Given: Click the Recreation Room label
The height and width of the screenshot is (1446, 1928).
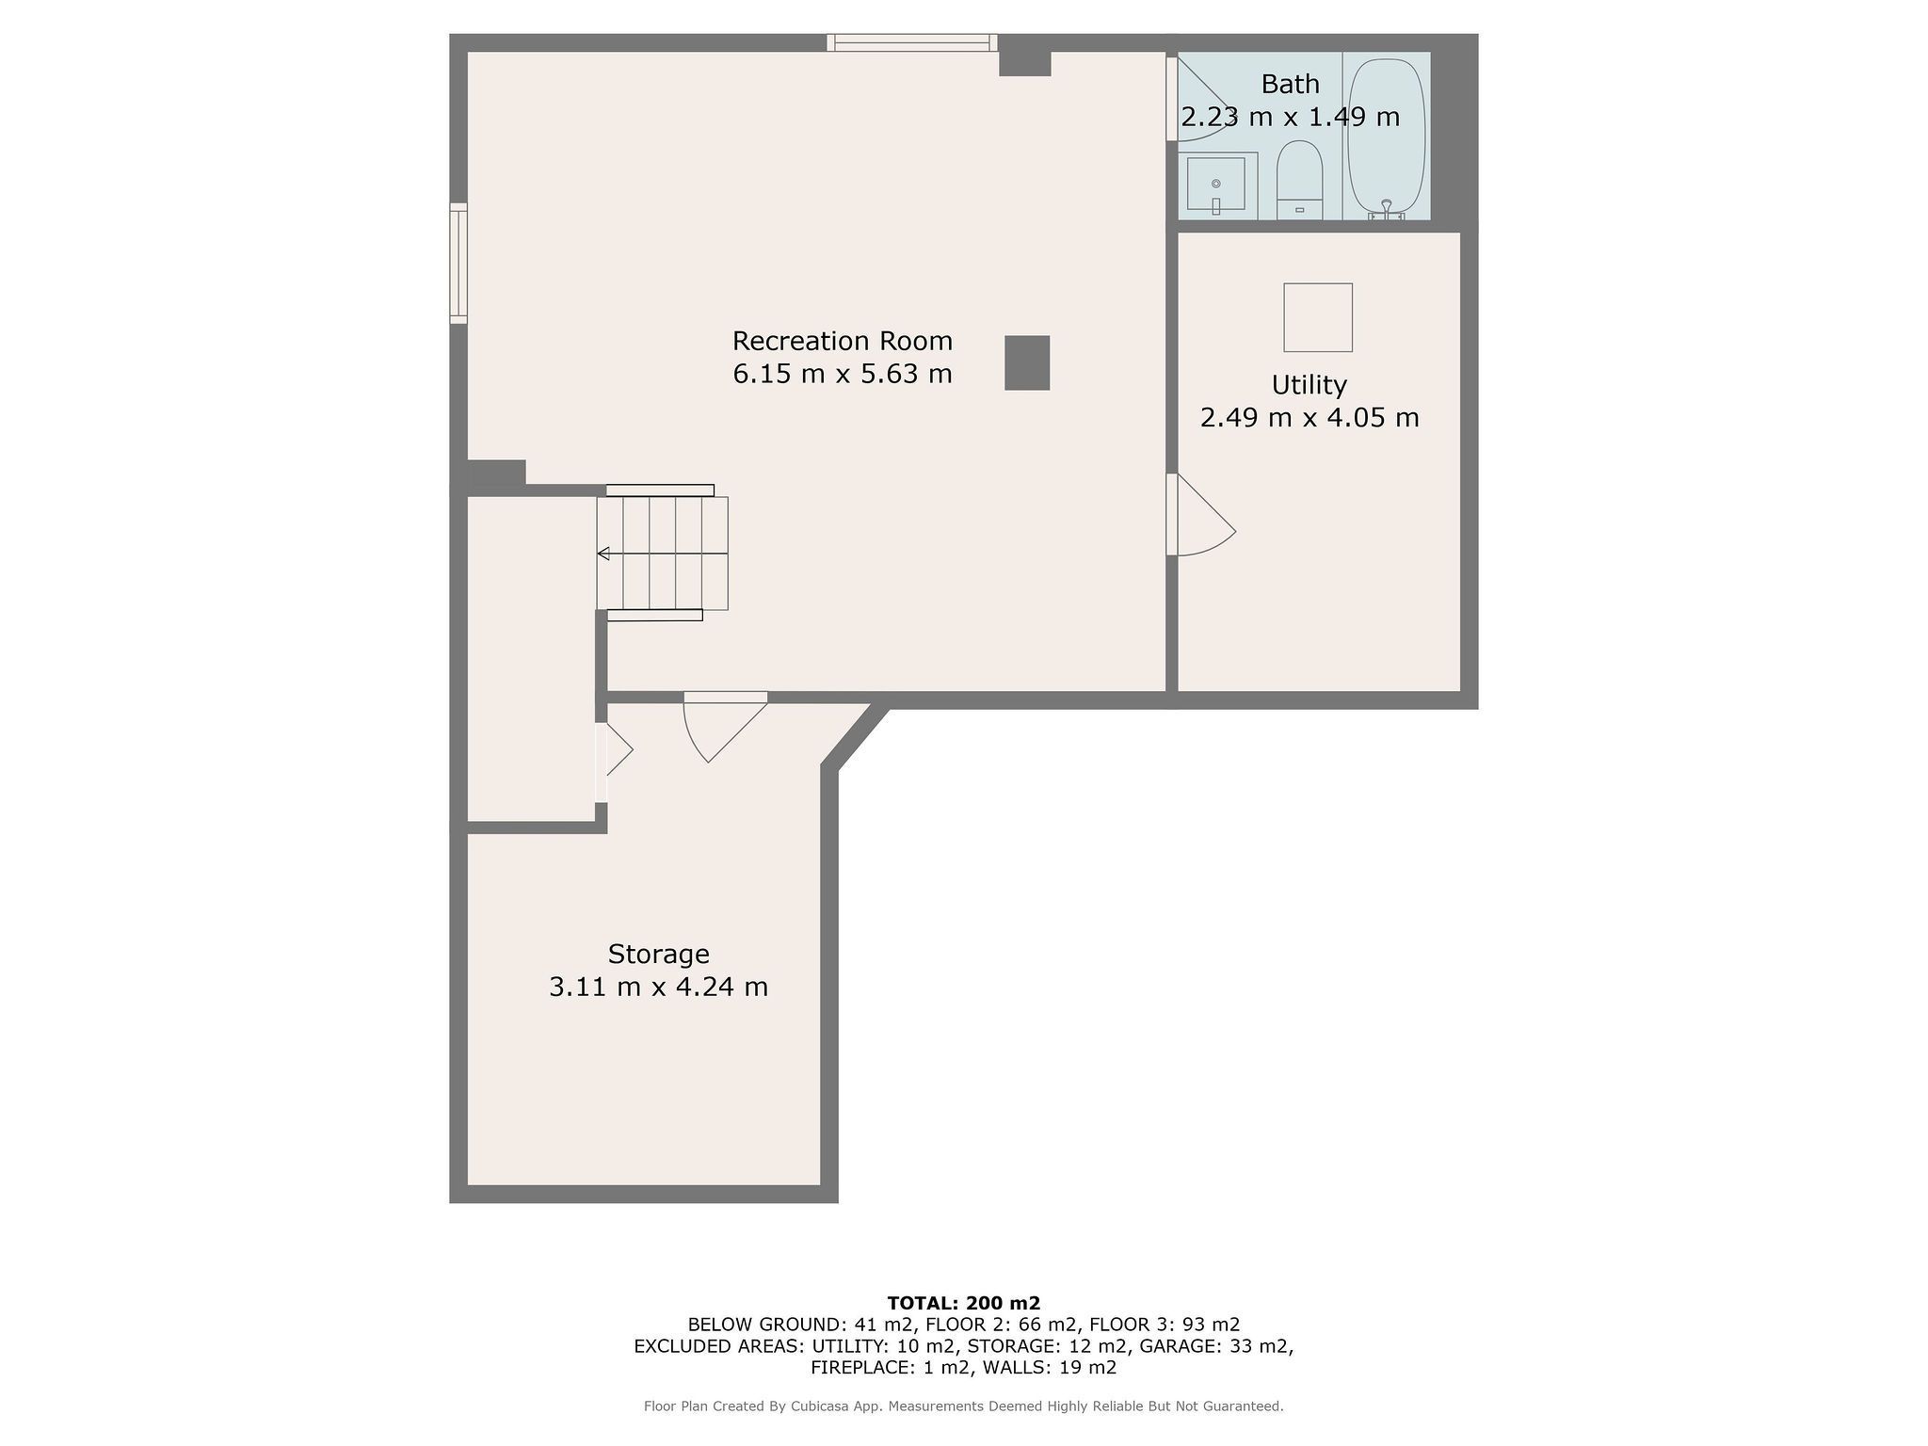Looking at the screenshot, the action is tap(843, 340).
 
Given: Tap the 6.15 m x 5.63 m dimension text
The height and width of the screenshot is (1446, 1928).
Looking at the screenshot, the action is tap(843, 374).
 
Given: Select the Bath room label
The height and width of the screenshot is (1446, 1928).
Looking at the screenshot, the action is tap(1290, 84).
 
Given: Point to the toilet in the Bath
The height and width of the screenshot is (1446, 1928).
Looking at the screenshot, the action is tap(1299, 181).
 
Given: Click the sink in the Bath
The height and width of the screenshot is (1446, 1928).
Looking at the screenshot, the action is tap(1216, 185).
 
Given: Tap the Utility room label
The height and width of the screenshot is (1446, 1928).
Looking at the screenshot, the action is tap(1309, 384).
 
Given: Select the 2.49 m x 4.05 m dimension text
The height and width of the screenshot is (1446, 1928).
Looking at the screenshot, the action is tap(1309, 417).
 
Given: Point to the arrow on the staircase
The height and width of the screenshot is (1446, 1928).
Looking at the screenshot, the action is tap(603, 554).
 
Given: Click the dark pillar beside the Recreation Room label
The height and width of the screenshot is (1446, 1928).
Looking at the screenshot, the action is tap(1027, 362).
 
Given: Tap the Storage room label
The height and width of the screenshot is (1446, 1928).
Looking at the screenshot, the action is tap(658, 954).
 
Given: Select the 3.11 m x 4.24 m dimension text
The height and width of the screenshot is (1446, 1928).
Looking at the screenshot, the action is tap(658, 987).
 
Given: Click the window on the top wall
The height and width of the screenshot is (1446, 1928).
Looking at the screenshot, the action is tap(911, 42).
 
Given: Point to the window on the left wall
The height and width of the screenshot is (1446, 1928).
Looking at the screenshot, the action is tap(458, 264).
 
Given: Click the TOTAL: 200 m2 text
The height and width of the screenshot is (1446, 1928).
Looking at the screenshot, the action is tap(964, 1303).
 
